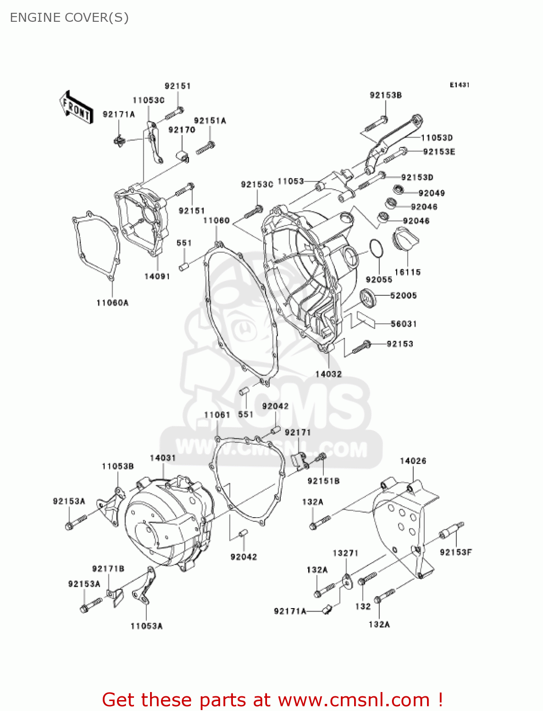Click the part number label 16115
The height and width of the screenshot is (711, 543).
[x=407, y=272]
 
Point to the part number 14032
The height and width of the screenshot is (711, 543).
[x=329, y=374]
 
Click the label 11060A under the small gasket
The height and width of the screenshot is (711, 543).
[x=112, y=302]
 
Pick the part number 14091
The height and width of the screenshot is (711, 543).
[x=157, y=276]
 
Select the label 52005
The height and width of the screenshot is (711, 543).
[x=403, y=295]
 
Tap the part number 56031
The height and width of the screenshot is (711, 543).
[x=403, y=324]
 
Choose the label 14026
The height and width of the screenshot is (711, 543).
[x=413, y=461]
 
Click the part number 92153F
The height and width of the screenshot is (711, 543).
[x=455, y=552]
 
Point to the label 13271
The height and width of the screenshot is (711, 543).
[x=346, y=553]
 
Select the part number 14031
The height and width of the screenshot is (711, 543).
[x=163, y=458]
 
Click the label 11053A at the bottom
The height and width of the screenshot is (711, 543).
[x=146, y=626]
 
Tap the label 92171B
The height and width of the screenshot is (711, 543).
[x=108, y=569]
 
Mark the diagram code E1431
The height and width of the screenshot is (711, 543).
[x=459, y=85]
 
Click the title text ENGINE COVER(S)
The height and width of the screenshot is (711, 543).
[x=69, y=18]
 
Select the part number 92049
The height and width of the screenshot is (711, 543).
[x=431, y=193]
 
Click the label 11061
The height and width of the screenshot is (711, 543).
[x=217, y=415]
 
